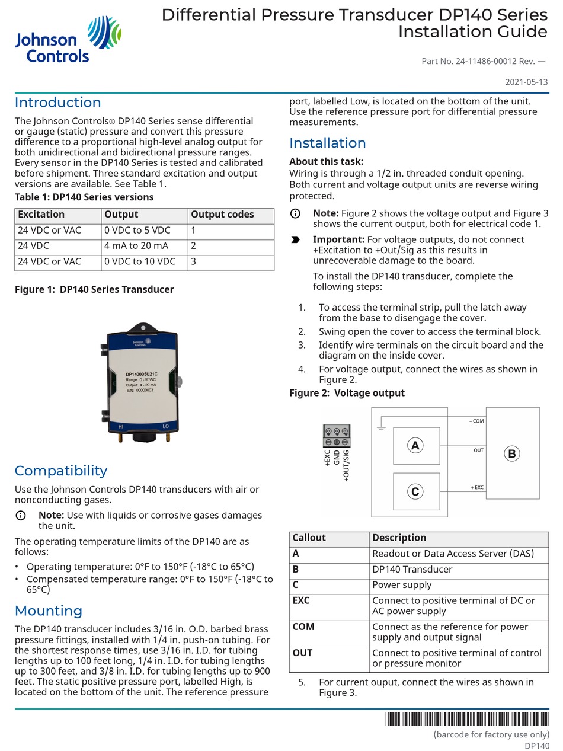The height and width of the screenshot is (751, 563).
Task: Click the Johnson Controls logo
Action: coord(68,40)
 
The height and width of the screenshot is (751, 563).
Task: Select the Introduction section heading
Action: coord(57,103)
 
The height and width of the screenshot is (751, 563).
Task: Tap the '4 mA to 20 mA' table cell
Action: coord(144,246)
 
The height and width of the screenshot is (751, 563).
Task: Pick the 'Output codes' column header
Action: coord(231,215)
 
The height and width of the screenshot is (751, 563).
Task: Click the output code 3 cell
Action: coord(231,262)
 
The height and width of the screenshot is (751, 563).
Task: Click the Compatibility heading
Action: coord(61,471)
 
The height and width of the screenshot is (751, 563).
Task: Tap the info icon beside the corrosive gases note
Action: coord(21,516)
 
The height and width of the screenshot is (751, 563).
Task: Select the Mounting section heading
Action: coord(48,611)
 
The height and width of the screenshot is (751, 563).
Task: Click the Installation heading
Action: coord(327,143)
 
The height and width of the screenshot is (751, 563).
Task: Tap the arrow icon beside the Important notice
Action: coord(295,240)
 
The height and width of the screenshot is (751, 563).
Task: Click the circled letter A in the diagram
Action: coord(415,445)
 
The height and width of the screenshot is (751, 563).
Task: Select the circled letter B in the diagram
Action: coord(511,453)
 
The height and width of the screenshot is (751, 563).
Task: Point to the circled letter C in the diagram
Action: coord(415,491)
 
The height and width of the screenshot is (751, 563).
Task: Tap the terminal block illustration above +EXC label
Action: coord(336,436)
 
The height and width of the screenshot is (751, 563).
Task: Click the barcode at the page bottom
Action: coord(466,719)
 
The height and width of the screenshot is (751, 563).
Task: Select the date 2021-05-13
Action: coord(526,82)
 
